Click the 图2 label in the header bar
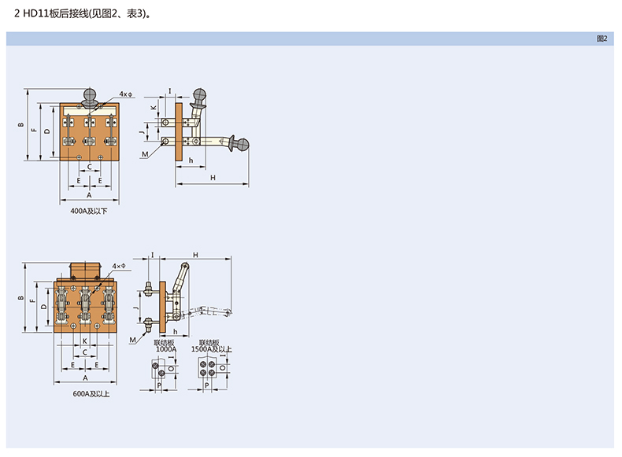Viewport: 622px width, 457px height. click(x=602, y=39)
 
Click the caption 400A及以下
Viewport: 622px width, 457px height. click(x=89, y=212)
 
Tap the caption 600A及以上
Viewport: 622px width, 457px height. click(x=91, y=393)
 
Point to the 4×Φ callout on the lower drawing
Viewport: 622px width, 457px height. click(x=119, y=267)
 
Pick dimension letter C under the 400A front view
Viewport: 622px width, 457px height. click(x=89, y=168)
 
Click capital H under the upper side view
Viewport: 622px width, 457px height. click(x=213, y=178)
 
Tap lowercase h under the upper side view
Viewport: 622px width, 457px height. click(x=191, y=160)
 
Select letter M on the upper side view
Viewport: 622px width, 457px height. click(x=146, y=156)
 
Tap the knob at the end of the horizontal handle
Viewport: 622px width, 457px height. click(x=243, y=145)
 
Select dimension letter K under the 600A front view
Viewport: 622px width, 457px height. click(x=84, y=341)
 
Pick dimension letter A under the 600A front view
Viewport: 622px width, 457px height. click(x=84, y=378)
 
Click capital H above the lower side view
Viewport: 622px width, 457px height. click(x=195, y=255)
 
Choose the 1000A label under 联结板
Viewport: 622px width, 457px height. click(x=165, y=348)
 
